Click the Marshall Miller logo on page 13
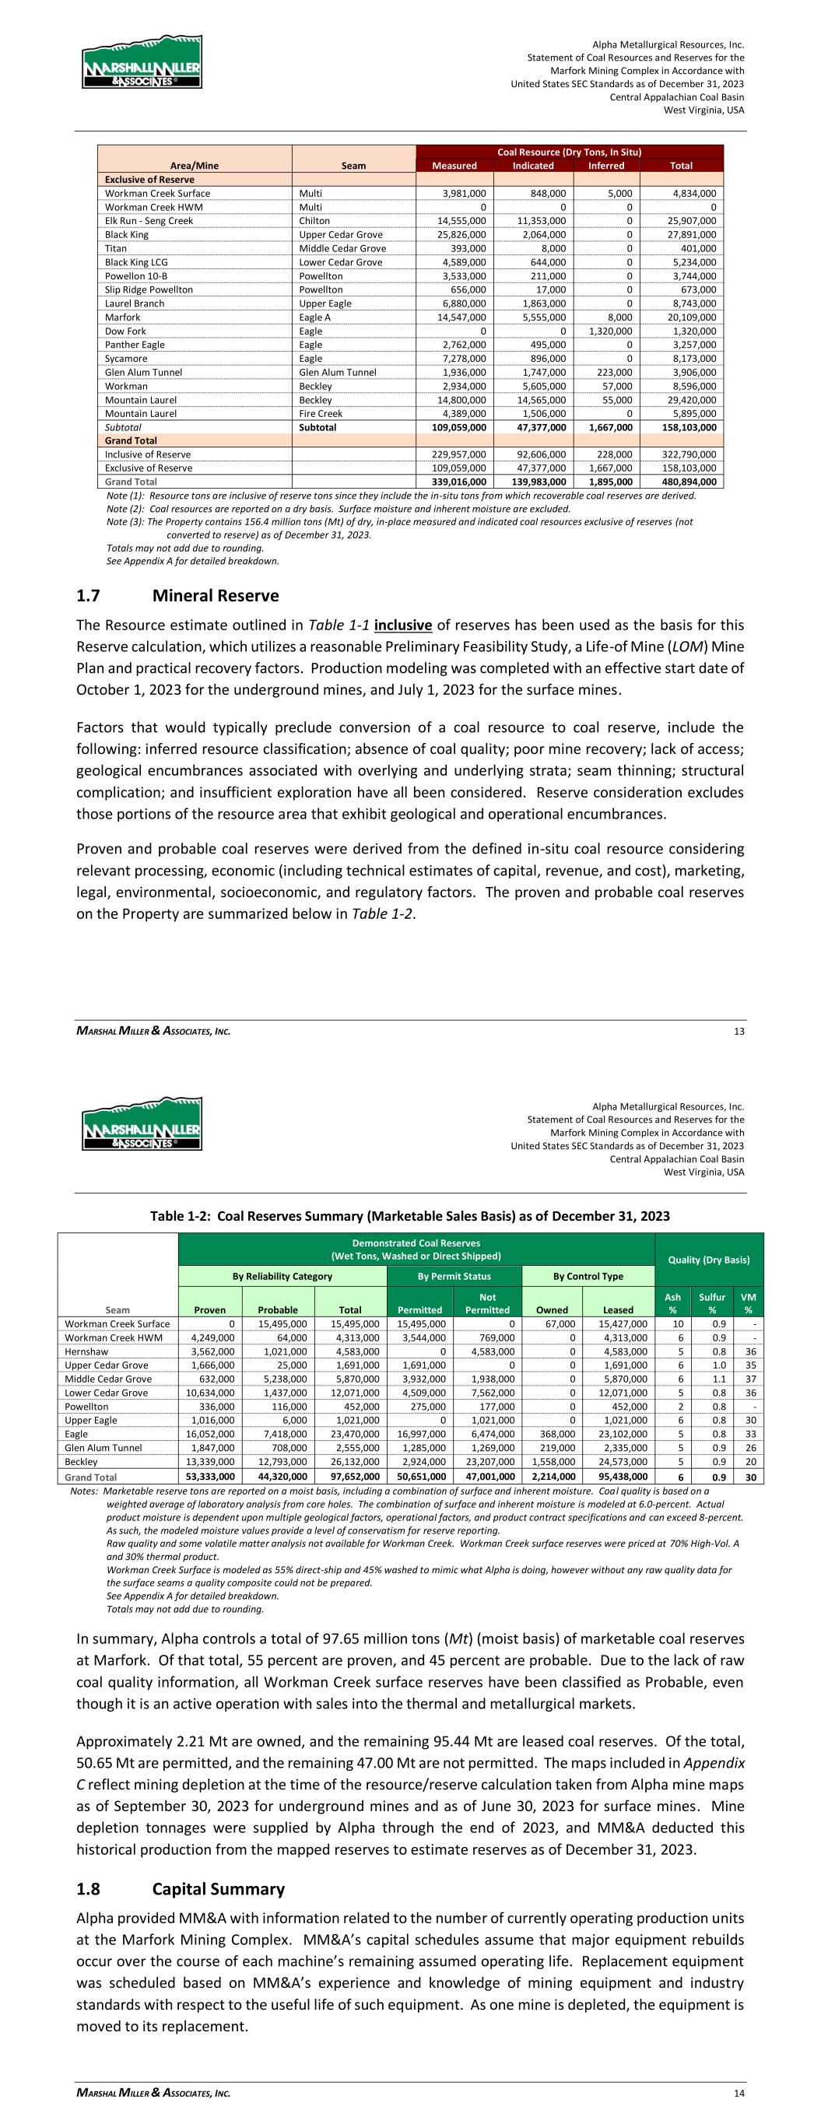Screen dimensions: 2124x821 [142, 63]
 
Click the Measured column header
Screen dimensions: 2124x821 [454, 166]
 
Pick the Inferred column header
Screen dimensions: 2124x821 [605, 166]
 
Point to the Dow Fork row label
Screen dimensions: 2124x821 [125, 331]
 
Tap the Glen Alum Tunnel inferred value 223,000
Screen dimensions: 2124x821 [613, 372]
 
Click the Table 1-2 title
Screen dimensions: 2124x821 [409, 1216]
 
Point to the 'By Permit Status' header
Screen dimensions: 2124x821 [454, 1277]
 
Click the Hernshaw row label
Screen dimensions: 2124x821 [86, 1351]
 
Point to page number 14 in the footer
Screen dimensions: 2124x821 [739, 2093]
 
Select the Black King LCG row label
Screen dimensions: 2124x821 [136, 262]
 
